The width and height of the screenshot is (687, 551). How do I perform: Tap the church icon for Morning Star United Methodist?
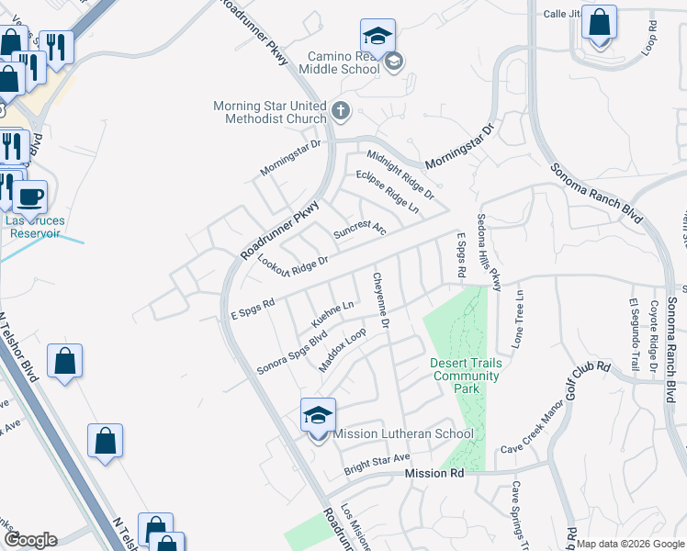point(341,112)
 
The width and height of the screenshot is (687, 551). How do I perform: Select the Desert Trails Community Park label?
point(467,376)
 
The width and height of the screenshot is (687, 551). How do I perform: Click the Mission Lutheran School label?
point(403,433)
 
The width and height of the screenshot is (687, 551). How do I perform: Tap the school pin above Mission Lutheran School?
point(318,416)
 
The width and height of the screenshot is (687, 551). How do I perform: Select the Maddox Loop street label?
point(343,351)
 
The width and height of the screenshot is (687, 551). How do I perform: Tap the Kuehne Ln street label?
point(332,313)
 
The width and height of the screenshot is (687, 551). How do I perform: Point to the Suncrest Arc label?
point(359,229)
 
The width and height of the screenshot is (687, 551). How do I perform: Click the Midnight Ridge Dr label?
point(400,174)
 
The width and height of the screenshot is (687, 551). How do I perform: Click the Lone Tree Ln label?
point(519,318)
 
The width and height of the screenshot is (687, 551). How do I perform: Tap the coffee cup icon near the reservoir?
point(29,197)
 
